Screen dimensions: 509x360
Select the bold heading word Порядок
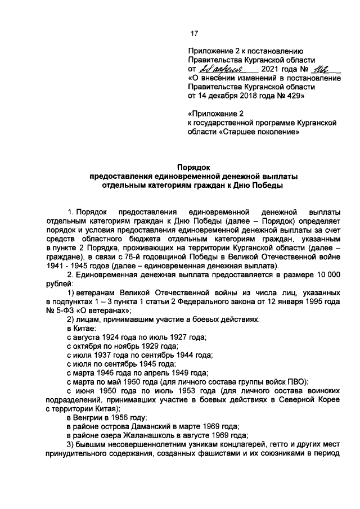tap(194, 168)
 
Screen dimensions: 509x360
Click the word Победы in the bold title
tap(270, 184)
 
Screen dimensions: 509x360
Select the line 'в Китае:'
tap(80, 327)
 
